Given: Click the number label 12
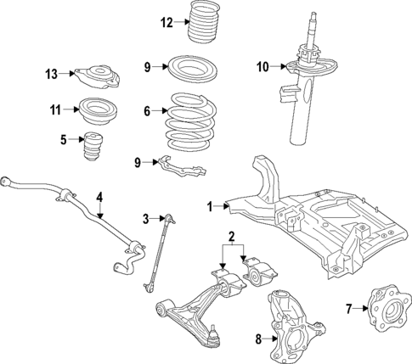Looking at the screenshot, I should [166, 22].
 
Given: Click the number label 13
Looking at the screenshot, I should [52, 75].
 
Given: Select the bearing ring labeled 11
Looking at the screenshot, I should [98, 109].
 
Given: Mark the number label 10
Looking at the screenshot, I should [262, 65].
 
